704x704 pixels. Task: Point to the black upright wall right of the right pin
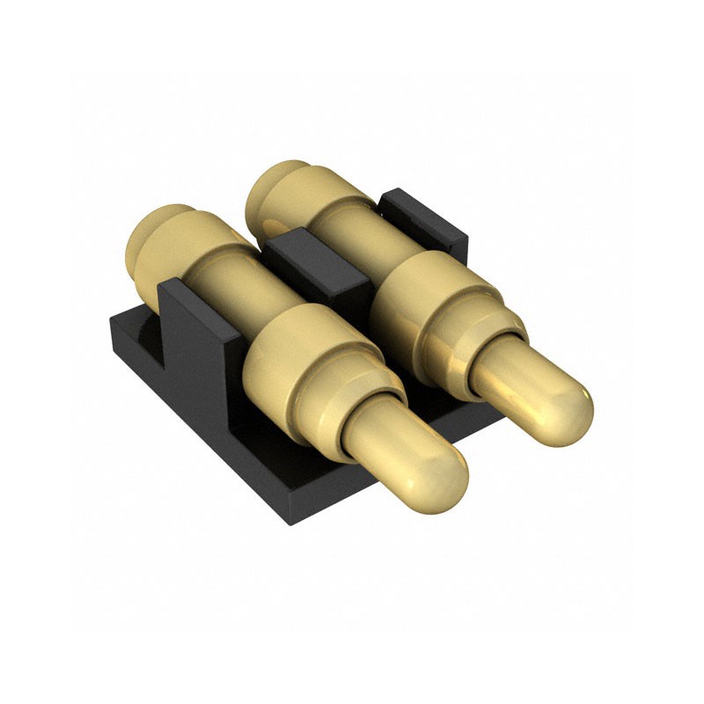tap(422, 216)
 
